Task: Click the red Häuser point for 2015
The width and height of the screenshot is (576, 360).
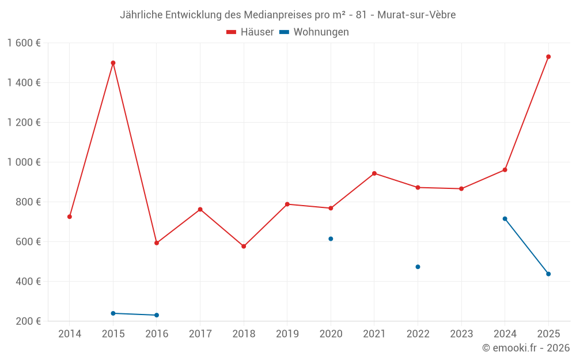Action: (113, 63)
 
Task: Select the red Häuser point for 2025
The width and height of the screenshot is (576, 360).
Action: (548, 56)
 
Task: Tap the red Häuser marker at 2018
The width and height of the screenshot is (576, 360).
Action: (244, 246)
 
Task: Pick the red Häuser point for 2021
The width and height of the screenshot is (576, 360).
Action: (374, 173)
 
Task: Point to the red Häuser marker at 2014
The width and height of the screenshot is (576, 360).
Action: (70, 217)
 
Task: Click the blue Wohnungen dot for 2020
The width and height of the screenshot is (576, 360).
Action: (331, 238)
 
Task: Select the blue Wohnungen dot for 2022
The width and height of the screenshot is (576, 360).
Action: (418, 267)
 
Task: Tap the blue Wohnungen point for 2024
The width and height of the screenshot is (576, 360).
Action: (505, 218)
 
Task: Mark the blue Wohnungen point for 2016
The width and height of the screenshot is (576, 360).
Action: (157, 315)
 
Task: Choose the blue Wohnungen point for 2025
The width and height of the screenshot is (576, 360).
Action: (548, 274)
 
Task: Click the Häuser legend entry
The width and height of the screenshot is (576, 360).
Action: (250, 32)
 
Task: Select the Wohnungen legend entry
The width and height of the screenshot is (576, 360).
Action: (314, 32)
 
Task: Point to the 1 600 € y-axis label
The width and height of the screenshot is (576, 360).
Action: (24, 43)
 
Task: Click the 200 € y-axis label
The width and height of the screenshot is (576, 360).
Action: (28, 321)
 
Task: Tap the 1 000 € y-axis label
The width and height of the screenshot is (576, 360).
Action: (24, 162)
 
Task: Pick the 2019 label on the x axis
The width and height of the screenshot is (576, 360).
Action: (287, 334)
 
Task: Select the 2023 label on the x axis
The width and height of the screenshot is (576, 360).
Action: (461, 334)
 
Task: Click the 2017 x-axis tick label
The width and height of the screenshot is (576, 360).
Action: (200, 334)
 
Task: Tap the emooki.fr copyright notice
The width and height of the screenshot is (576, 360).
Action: (525, 348)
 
